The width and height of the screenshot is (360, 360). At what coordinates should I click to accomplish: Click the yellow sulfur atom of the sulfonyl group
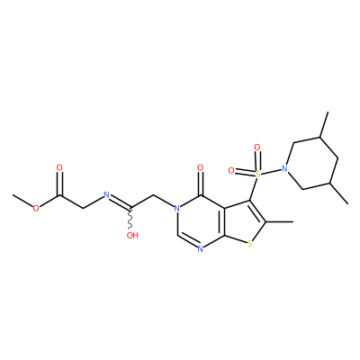pyautogui.click(x=256, y=174)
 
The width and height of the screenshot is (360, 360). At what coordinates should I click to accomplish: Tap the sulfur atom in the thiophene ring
pyautogui.click(x=249, y=245)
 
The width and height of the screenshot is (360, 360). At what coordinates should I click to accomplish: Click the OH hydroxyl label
pyautogui.click(x=132, y=235)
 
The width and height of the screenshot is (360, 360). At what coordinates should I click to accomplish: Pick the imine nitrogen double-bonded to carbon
pyautogui.click(x=106, y=194)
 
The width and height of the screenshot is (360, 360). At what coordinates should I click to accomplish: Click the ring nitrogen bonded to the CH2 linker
pyautogui.click(x=177, y=207)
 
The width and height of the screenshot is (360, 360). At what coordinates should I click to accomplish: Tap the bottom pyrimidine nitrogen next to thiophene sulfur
pyautogui.click(x=201, y=248)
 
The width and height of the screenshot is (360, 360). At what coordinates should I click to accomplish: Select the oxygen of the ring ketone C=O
pyautogui.click(x=201, y=168)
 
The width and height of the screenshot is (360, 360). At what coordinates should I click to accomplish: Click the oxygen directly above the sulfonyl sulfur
pyautogui.click(x=257, y=148)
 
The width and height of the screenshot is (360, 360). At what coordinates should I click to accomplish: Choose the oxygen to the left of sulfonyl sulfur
pyautogui.click(x=231, y=171)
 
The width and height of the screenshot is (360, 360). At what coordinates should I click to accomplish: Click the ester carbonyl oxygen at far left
pyautogui.click(x=59, y=167)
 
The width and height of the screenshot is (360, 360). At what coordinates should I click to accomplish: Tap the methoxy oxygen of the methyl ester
pyautogui.click(x=36, y=208)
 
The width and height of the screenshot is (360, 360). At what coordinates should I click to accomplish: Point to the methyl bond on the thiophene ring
pyautogui.click(x=279, y=222)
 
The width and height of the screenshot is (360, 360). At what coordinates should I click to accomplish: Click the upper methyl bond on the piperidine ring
pyautogui.click(x=324, y=124)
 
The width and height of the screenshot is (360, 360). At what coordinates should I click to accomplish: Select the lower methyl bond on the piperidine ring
pyautogui.click(x=339, y=193)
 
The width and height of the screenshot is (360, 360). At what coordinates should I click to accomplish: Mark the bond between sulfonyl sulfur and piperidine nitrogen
pyautogui.click(x=271, y=171)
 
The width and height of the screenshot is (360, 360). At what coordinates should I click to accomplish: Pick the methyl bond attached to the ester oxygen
pyautogui.click(x=22, y=201)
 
